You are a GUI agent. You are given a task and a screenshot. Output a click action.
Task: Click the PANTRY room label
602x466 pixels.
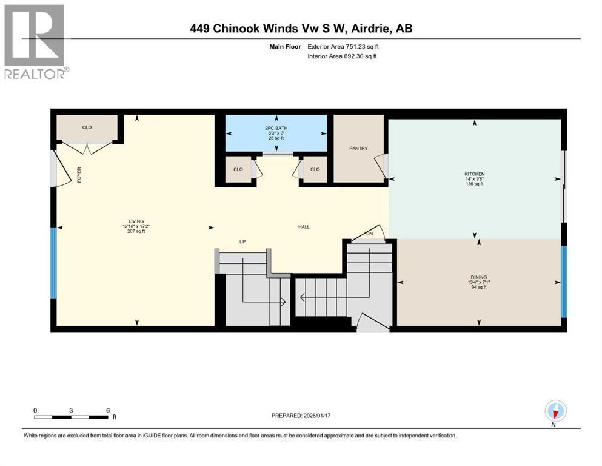[x=358, y=148]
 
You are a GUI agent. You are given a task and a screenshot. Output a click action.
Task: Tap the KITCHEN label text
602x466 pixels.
[x=475, y=174]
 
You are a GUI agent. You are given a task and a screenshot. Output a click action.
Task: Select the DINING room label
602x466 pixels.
[x=479, y=277]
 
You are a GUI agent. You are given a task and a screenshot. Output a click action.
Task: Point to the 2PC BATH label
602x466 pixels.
[x=276, y=128]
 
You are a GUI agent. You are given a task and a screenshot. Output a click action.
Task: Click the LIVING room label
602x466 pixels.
[x=136, y=221]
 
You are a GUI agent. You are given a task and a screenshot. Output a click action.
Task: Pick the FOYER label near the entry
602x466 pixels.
[x=79, y=174]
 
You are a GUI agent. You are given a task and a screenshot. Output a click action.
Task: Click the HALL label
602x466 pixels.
[x=304, y=227]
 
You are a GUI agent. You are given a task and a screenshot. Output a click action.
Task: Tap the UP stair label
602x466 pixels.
[x=242, y=241]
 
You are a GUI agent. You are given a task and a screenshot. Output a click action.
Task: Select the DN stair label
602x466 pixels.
[x=369, y=234]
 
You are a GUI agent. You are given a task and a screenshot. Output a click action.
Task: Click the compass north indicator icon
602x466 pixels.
[x=555, y=411]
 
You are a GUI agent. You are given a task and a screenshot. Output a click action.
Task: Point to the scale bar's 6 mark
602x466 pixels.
[x=108, y=410]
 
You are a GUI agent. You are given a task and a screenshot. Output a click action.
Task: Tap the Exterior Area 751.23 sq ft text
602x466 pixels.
[x=343, y=47]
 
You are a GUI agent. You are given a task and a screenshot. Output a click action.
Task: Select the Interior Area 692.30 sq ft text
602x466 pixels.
[x=342, y=56]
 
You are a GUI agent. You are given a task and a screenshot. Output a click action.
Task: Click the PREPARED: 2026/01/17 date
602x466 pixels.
[x=301, y=416]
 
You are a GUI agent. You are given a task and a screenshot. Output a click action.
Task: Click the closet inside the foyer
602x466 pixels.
[x=87, y=127]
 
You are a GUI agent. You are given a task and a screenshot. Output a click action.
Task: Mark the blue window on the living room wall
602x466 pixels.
[x=54, y=263]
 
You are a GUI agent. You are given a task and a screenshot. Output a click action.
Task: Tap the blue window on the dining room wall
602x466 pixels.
[x=564, y=282]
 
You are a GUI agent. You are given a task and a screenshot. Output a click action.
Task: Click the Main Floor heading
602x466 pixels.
[x=286, y=47]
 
